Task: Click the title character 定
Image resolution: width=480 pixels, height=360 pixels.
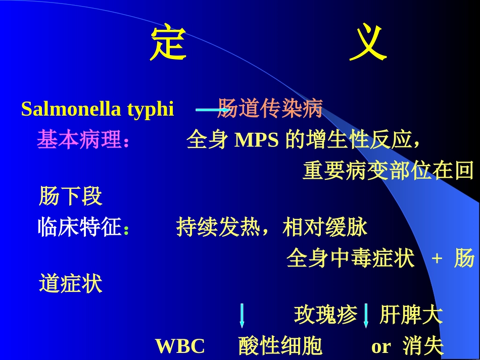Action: (168, 43)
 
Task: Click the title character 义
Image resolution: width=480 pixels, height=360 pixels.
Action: (368, 43)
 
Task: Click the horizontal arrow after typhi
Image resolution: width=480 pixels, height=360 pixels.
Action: (206, 110)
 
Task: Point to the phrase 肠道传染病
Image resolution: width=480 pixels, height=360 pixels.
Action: (270, 109)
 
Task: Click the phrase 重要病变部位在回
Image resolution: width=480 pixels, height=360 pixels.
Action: (388, 172)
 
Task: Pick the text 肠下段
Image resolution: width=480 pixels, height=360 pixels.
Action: (71, 196)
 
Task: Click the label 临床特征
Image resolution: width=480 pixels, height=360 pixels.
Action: (80, 228)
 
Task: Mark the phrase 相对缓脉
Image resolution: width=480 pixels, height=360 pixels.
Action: (325, 228)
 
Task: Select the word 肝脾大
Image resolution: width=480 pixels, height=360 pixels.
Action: (411, 315)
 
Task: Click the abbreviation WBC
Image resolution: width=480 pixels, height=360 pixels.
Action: (180, 347)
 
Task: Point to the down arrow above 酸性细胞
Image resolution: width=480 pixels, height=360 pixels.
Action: (242, 316)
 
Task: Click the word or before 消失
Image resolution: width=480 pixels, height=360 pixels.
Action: (381, 347)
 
